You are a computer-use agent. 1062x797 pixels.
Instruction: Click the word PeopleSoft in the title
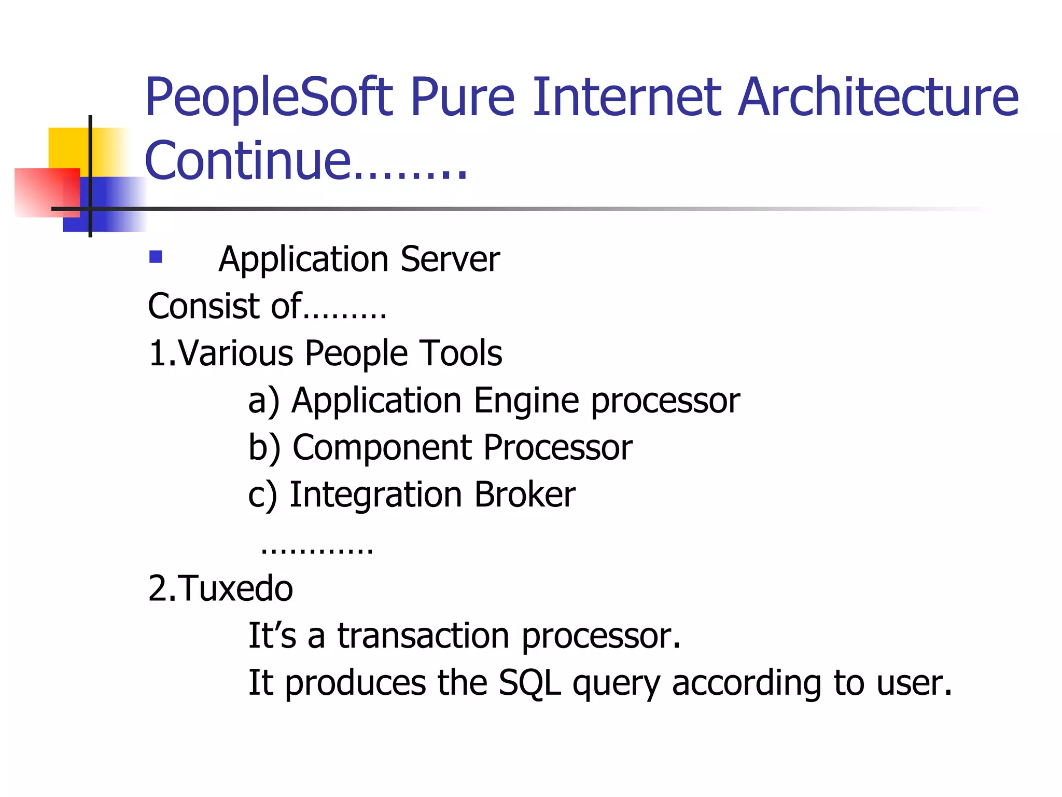[269, 98]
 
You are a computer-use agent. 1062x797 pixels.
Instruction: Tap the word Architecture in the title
[877, 98]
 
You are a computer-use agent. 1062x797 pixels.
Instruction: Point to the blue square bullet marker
[156, 257]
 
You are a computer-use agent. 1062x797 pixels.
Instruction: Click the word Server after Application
[450, 259]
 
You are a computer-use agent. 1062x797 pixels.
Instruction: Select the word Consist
[203, 306]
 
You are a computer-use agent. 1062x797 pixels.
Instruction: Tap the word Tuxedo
[236, 589]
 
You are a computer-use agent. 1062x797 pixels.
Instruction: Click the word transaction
[423, 636]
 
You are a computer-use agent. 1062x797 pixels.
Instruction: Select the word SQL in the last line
[529, 683]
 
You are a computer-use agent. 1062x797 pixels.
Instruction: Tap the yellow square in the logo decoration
[67, 148]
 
